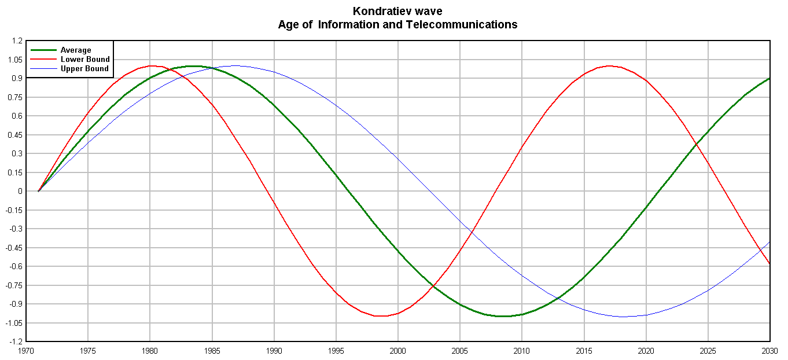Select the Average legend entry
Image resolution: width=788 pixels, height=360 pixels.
pos(76,50)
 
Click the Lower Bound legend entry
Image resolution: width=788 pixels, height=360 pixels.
pos(85,59)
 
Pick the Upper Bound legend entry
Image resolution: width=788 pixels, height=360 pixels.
pos(84,68)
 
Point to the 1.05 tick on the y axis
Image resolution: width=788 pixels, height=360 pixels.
pos(16,60)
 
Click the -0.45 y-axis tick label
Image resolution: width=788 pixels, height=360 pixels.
pos(14,248)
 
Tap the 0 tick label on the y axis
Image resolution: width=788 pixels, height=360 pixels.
pos(20,191)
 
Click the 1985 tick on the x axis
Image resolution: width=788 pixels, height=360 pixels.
pos(212,351)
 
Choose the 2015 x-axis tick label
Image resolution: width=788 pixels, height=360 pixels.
pos(584,351)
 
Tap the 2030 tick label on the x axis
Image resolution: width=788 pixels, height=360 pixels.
pos(769,351)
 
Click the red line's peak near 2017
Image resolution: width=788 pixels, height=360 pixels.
pos(609,66)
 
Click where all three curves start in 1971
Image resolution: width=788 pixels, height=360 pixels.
pos(38,191)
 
